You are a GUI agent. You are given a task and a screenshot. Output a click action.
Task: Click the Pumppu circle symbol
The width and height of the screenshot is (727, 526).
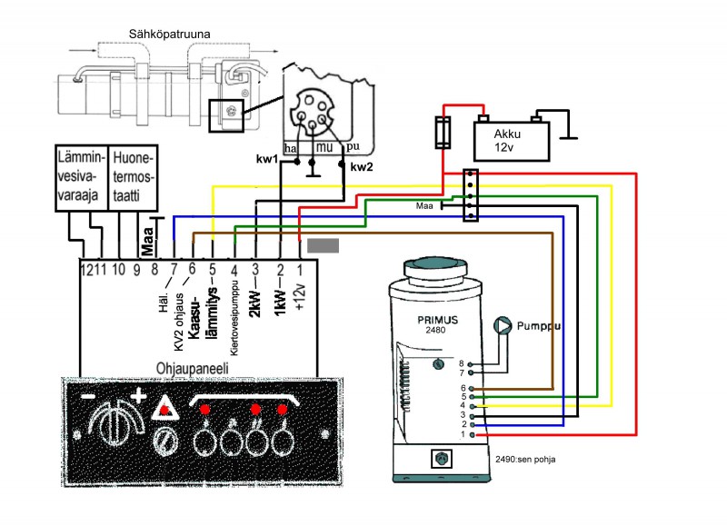[502, 324]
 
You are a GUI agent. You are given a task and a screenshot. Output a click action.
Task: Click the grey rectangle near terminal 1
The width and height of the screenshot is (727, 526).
[324, 244]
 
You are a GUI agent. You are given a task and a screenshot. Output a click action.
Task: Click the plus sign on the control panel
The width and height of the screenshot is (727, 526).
[138, 397]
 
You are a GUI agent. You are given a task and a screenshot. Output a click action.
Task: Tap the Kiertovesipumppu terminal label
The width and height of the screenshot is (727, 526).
[234, 310]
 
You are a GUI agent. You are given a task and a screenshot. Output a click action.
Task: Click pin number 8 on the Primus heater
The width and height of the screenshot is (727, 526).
[461, 362]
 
